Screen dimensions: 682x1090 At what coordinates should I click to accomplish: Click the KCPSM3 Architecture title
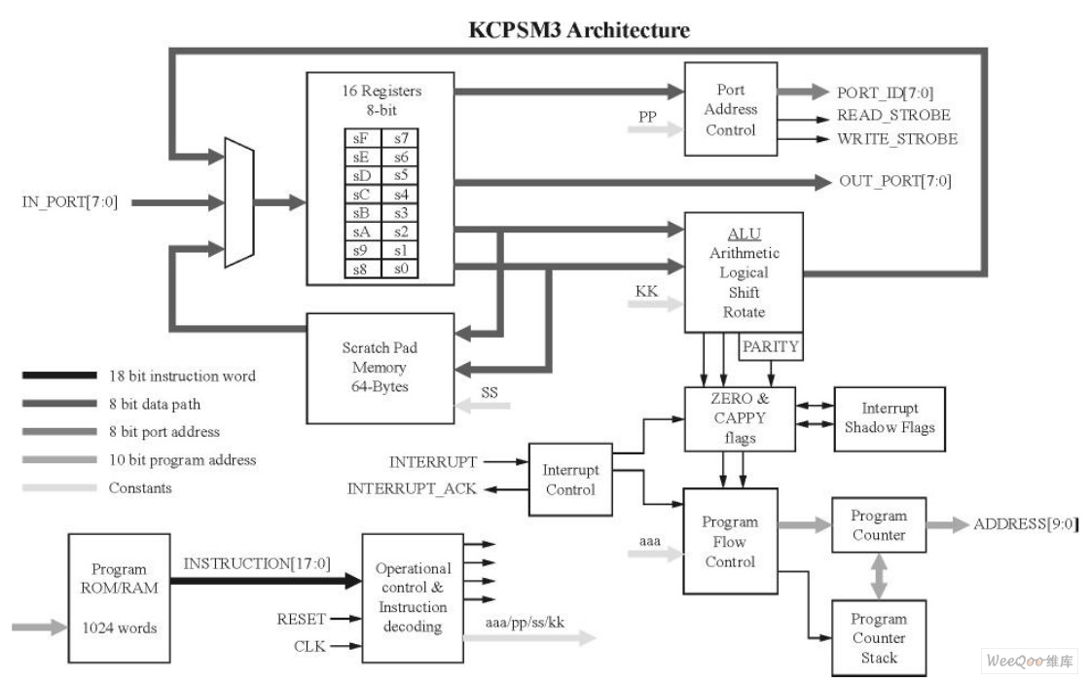click(580, 30)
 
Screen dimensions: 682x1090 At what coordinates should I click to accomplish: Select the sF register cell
click(361, 138)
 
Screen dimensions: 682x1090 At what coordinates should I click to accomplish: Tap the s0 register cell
click(401, 268)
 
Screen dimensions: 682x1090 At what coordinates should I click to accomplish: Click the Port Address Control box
click(730, 109)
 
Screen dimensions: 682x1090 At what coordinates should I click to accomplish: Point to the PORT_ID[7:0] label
click(885, 92)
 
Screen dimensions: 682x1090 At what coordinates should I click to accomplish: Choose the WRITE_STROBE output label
click(896, 139)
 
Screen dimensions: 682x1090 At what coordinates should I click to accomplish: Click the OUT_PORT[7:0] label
click(894, 181)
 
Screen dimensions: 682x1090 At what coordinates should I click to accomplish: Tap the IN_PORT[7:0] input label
click(70, 202)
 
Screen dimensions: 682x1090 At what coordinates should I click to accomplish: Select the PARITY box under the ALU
click(771, 346)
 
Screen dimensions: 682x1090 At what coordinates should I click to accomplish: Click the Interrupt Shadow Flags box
click(889, 418)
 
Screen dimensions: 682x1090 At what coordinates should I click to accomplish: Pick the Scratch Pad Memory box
click(380, 368)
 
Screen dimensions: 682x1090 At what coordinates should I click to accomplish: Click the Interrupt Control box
click(570, 480)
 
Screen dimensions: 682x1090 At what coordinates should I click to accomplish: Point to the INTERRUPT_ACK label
click(412, 488)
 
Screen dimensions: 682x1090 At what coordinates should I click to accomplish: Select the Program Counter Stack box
click(878, 638)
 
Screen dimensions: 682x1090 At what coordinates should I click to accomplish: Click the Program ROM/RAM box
click(119, 598)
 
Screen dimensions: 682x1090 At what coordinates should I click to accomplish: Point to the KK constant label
click(646, 291)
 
